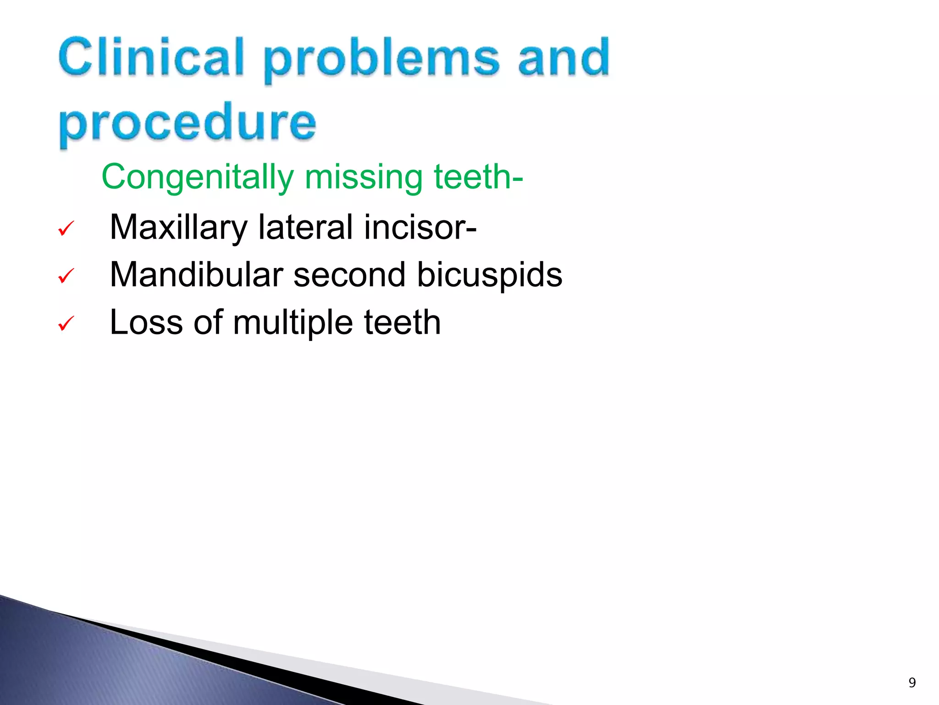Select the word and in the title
564,57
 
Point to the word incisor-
420,227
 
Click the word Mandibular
197,274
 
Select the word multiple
293,323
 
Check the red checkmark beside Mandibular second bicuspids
66,276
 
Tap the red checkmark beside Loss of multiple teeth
66,324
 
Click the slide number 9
912,683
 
